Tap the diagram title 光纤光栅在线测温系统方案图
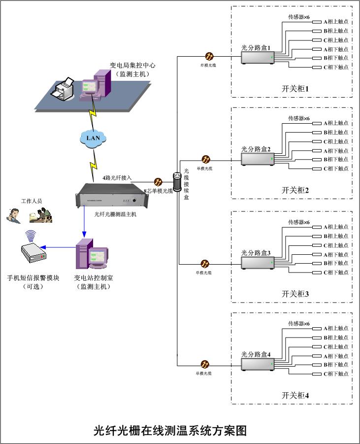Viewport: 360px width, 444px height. click(x=170, y=430)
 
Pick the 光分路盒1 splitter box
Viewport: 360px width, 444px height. click(x=258, y=58)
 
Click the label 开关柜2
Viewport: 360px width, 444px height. click(x=295, y=190)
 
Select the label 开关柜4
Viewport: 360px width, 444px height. click(x=295, y=395)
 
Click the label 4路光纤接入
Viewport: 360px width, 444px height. click(x=117, y=177)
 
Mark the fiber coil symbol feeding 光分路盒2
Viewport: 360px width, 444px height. click(x=206, y=160)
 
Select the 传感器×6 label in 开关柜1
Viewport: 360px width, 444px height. click(x=299, y=17)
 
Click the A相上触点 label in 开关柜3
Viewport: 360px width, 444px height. click(x=335, y=227)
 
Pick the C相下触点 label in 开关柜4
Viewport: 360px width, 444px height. click(x=335, y=374)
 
